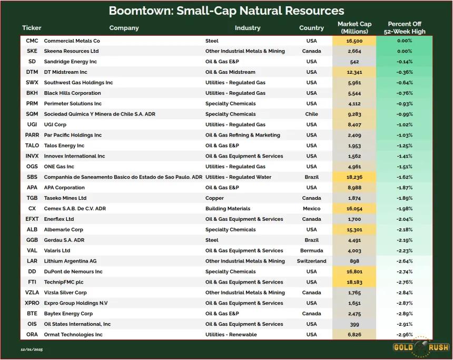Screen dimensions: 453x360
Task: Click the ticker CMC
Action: (32, 41)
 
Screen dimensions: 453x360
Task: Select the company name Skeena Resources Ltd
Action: (71, 51)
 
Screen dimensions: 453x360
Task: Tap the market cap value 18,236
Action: (354, 177)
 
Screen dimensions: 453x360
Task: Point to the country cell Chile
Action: (311, 114)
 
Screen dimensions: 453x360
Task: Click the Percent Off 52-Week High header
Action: (405, 28)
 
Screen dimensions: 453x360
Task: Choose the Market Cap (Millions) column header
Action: (354, 28)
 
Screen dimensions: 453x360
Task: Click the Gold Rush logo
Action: (421, 347)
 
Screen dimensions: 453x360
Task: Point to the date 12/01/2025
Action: (32, 349)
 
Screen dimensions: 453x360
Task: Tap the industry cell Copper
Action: (215, 198)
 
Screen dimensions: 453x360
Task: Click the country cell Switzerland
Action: (311, 261)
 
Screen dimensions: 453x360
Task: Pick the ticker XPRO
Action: (32, 303)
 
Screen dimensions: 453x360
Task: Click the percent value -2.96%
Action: (405, 335)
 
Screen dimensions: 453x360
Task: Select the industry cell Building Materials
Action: (228, 209)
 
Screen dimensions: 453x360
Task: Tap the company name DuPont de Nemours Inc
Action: (73, 272)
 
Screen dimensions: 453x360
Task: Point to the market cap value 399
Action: (354, 325)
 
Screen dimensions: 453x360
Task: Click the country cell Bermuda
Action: (311, 251)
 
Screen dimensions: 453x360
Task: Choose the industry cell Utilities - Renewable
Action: (231, 335)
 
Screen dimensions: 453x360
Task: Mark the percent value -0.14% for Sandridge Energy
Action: (405, 62)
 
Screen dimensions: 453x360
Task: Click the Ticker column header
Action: (32, 28)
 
